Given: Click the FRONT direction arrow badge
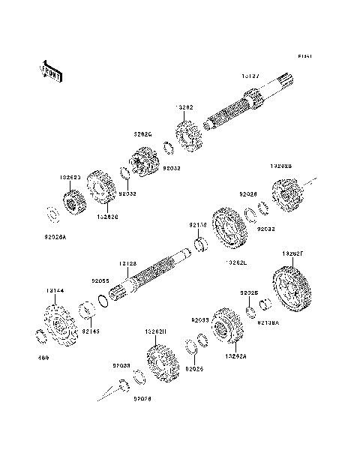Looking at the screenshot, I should pyautogui.click(x=50, y=70).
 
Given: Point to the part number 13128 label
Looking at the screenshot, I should pyautogui.click(x=127, y=263).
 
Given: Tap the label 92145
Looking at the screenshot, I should pyautogui.click(x=90, y=330).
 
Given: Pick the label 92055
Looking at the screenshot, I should pyautogui.click(x=100, y=280).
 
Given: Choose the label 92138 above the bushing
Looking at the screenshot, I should pyautogui.click(x=197, y=224).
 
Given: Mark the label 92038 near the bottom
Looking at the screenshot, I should pyautogui.click(x=121, y=365).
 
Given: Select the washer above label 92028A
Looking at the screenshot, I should pyautogui.click(x=52, y=214).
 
